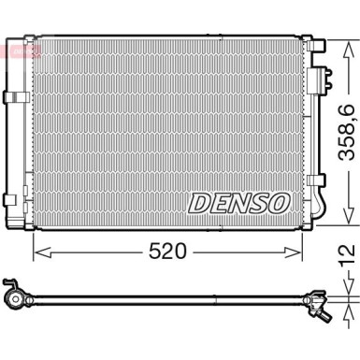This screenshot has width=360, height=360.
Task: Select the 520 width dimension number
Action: pos(168,251)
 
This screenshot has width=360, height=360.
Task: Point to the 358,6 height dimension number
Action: pos(346,132)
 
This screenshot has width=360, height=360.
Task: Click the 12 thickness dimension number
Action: pos(346,253)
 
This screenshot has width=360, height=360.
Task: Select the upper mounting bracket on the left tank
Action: pos(10,98)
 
